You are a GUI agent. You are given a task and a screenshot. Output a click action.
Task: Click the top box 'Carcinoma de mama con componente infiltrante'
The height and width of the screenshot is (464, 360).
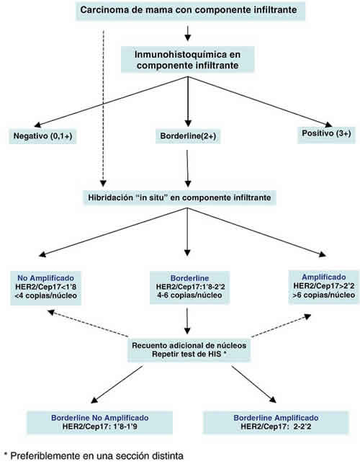point(190,10)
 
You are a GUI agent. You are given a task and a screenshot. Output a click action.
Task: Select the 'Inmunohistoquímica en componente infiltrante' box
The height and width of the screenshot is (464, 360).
point(187,60)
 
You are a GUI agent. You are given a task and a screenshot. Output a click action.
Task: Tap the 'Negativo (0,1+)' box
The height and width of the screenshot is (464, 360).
point(43,136)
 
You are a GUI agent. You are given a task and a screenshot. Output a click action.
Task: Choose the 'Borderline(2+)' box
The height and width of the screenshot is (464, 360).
point(188,136)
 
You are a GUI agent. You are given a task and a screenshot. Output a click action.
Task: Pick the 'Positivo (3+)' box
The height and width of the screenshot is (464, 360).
point(326,134)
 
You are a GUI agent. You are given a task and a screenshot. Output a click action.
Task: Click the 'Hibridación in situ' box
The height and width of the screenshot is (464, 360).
point(179,197)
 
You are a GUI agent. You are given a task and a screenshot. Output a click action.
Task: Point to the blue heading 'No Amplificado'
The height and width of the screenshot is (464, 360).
point(45,278)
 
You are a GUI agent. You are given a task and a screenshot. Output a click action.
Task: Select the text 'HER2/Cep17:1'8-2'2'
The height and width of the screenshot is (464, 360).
point(189,287)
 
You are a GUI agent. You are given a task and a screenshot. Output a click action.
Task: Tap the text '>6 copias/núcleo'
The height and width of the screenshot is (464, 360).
point(323,295)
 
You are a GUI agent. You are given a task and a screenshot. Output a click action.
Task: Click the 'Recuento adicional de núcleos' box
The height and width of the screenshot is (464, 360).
point(189,350)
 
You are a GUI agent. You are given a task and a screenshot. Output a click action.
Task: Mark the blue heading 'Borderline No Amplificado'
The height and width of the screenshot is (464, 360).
point(100,418)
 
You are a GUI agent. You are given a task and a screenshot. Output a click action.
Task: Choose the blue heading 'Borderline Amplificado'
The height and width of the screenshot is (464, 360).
point(276,418)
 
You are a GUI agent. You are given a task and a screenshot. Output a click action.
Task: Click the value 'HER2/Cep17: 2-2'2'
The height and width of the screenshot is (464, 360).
point(276,427)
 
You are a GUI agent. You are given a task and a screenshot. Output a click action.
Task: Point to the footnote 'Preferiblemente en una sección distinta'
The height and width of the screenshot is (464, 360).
point(94,455)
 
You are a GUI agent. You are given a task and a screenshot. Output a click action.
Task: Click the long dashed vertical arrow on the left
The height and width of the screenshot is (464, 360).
point(103,108)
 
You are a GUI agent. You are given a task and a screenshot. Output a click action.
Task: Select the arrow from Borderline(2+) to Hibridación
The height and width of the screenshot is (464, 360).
point(187,169)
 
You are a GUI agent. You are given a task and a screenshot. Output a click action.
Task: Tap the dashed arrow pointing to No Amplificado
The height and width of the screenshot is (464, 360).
point(88,323)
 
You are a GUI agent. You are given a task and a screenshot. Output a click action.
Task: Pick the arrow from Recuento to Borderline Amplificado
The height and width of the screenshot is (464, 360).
point(254,385)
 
